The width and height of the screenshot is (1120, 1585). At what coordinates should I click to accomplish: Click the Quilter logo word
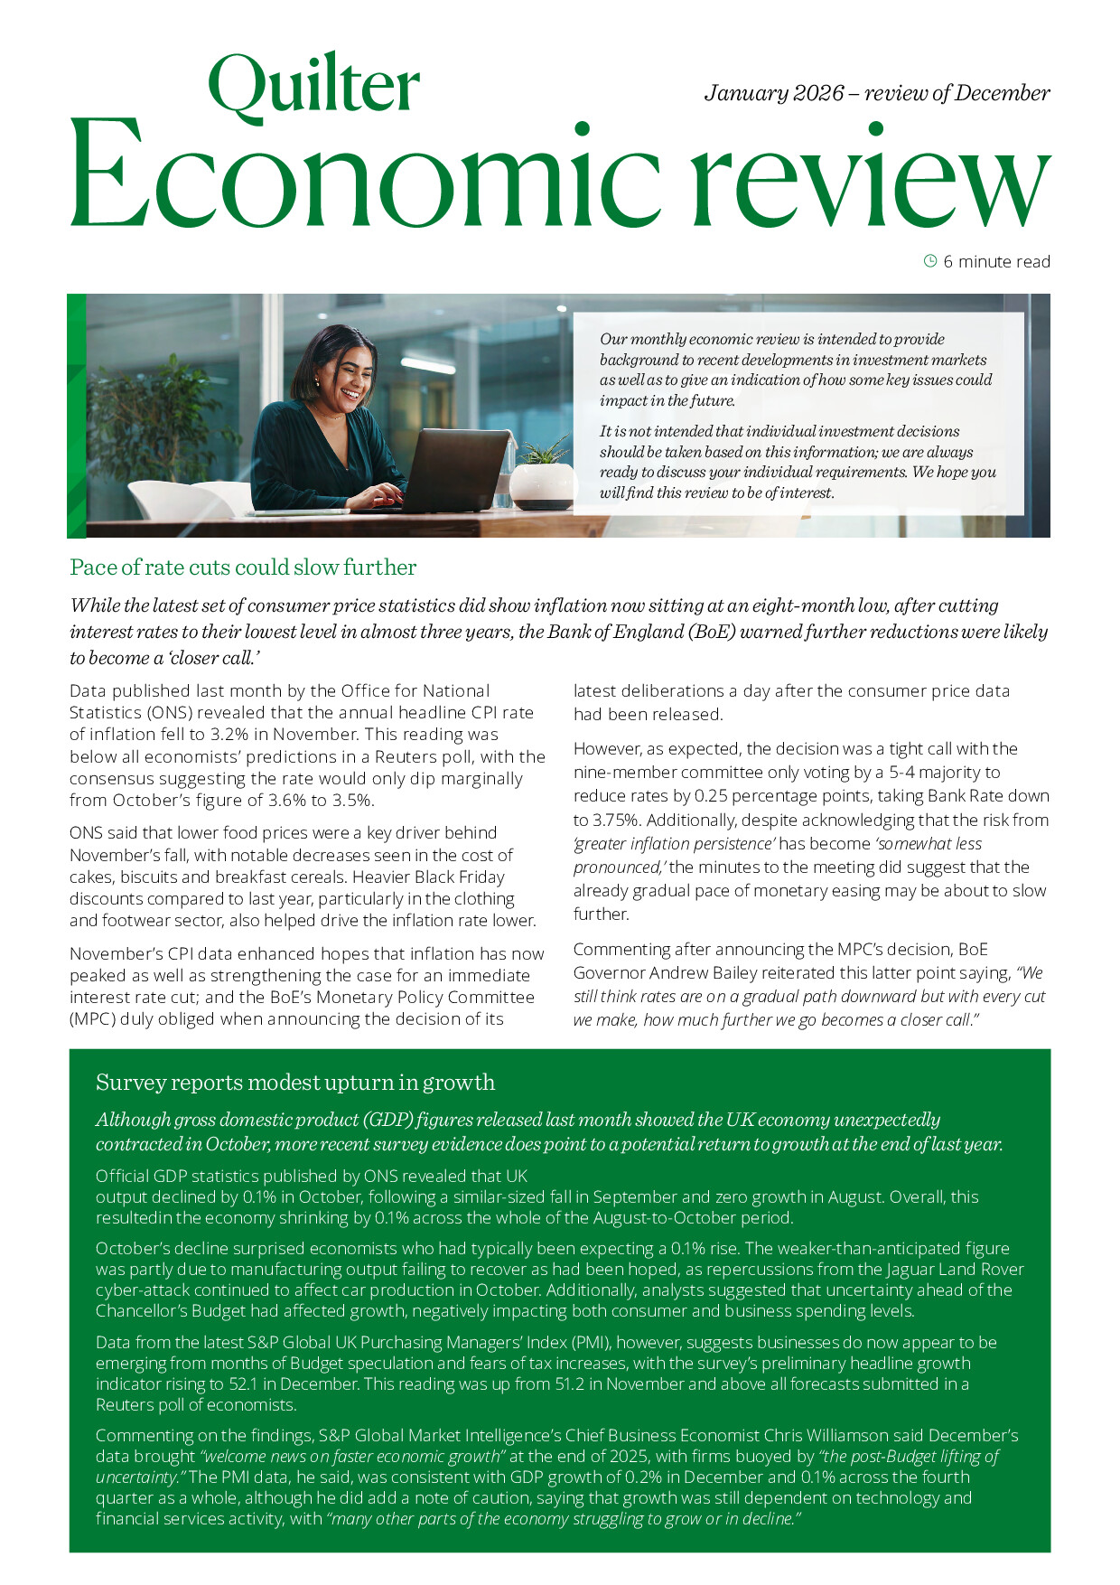pyautogui.click(x=313, y=85)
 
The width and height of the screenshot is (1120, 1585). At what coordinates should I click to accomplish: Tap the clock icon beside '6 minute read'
pyautogui.click(x=930, y=261)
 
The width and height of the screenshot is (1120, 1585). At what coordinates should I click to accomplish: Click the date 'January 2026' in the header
pyautogui.click(x=774, y=93)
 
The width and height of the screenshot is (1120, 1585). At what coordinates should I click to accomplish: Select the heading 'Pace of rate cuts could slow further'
pyautogui.click(x=243, y=567)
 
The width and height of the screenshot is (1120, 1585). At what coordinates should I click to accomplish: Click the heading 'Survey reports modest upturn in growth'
pyautogui.click(x=295, y=1082)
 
